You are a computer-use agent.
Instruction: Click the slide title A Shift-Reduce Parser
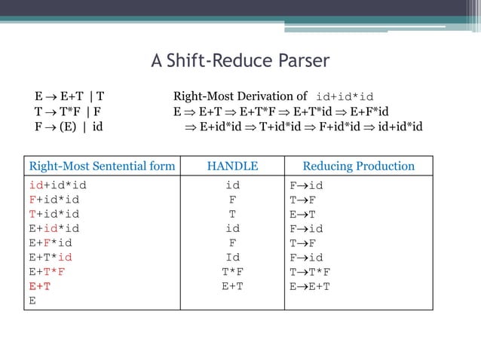coord(240,61)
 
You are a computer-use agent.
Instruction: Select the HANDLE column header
coord(232,166)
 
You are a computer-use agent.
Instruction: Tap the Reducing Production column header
coord(358,166)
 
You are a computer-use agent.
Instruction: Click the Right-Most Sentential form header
coord(102,166)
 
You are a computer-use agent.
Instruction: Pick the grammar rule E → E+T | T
coord(69,96)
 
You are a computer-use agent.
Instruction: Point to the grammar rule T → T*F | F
coord(69,111)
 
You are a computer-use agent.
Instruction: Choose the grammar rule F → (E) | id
coord(69,125)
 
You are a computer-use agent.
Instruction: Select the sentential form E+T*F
coord(47,272)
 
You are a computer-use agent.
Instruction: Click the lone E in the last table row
coord(32,301)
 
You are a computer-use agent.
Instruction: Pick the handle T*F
coord(232,272)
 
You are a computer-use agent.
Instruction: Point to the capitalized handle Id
coord(232,258)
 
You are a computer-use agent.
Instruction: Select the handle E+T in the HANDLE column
coord(232,286)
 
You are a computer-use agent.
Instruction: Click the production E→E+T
coord(310,286)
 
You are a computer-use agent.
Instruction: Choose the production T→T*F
coord(310,272)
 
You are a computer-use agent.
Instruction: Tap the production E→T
coord(302,214)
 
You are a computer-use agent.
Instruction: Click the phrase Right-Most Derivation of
coord(240,96)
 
